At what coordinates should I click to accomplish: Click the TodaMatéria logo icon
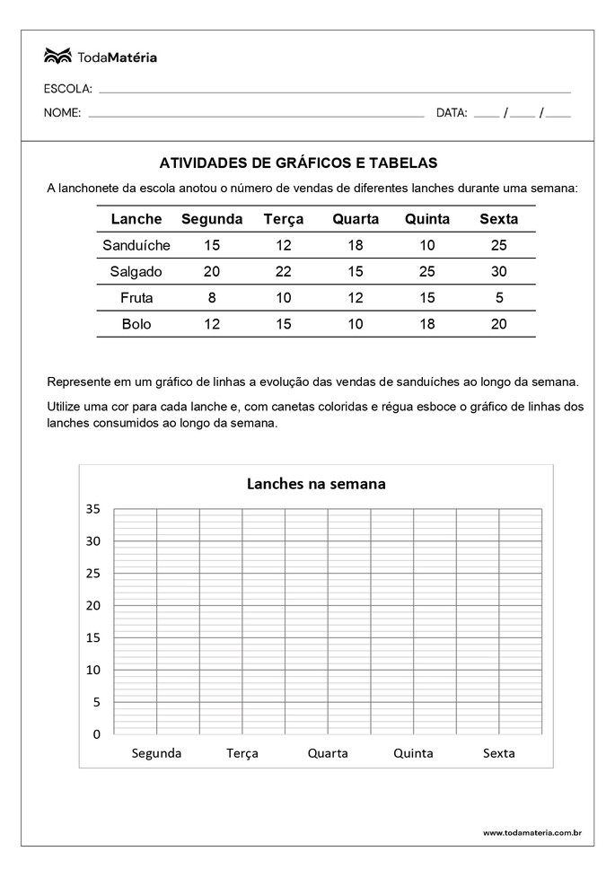tap(57, 57)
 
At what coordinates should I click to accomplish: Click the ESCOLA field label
tap(67, 90)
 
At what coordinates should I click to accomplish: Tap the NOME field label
tap(62, 113)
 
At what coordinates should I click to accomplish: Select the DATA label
tap(452, 113)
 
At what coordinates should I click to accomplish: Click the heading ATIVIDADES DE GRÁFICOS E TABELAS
tap(298, 163)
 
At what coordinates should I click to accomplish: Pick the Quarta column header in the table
tap(356, 219)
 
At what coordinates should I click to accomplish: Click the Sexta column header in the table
tap(499, 219)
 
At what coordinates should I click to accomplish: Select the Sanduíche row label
tap(136, 245)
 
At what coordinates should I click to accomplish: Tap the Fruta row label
tap(136, 298)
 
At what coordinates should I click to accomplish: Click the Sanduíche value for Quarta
tap(356, 245)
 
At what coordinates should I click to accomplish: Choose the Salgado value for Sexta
tap(499, 272)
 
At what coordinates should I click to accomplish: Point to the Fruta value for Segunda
tap(212, 298)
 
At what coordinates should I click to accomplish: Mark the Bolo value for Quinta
tap(427, 324)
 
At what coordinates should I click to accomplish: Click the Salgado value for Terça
tap(284, 272)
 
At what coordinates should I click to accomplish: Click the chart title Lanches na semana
tap(316, 484)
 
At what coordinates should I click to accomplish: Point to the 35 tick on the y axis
tap(93, 509)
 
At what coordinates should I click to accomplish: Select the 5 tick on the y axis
tap(97, 702)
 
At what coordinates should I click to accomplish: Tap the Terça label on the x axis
tap(242, 753)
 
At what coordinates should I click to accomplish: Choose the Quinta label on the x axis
tap(413, 753)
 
